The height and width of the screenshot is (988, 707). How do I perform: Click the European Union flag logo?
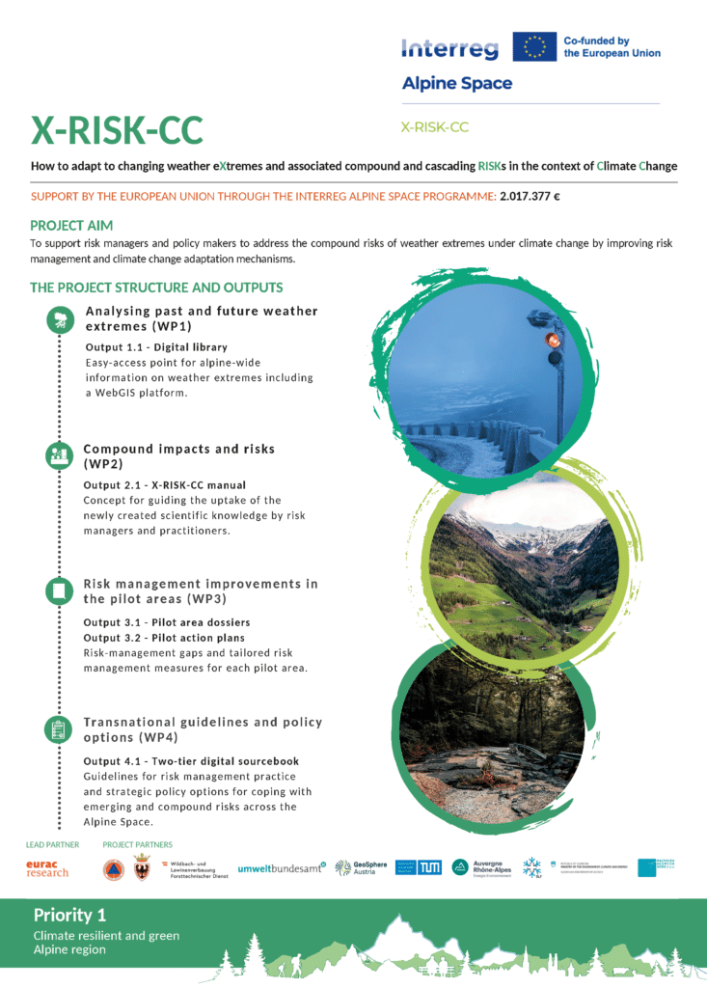tap(534, 47)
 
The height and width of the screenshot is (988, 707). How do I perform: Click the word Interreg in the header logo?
tap(449, 48)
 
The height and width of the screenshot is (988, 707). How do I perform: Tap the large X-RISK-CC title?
tap(117, 130)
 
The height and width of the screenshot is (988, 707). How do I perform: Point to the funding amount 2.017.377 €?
tap(530, 196)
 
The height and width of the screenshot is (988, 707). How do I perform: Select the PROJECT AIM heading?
tap(71, 226)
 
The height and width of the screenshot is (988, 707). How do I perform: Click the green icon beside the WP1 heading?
tap(60, 320)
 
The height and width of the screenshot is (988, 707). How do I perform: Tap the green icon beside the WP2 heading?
tap(60, 455)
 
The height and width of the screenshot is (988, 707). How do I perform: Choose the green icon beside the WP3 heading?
tap(60, 590)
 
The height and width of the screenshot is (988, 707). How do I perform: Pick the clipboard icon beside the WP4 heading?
tap(60, 728)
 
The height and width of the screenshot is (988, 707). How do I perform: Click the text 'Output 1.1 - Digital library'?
tap(156, 347)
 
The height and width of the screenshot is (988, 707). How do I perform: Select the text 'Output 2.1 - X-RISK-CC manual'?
tap(165, 484)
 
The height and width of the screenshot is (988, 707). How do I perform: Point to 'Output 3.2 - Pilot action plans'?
tap(164, 638)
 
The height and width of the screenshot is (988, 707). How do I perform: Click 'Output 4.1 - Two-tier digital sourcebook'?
tap(191, 761)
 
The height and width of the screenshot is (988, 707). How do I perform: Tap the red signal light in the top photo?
tap(553, 340)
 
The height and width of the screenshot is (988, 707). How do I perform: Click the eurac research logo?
tap(47, 868)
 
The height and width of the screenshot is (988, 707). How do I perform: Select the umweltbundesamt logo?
tap(282, 868)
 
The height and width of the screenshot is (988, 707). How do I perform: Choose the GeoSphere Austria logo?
tap(361, 868)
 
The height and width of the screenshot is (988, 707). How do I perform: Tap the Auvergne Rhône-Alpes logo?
tap(481, 868)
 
